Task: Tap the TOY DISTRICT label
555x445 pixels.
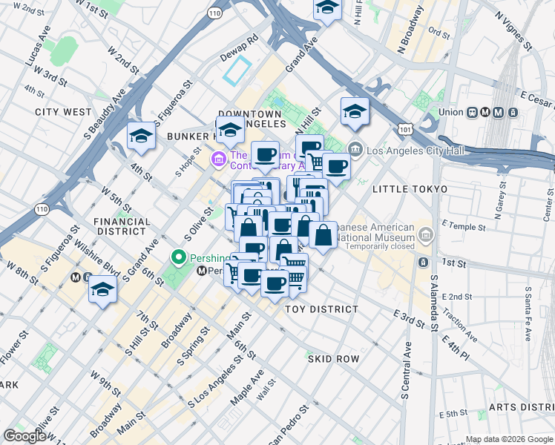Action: point(322,309)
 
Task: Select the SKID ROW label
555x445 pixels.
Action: point(333,359)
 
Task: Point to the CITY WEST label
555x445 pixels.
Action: point(63,112)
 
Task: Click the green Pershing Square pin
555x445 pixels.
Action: point(178,259)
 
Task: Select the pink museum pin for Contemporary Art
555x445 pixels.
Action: point(218,159)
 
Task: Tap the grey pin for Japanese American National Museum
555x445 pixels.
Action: point(426,236)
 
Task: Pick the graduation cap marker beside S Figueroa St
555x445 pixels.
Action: point(141,136)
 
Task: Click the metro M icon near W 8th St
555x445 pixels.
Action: point(75,278)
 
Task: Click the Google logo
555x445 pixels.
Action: point(24,436)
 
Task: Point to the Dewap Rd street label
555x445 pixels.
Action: point(239,47)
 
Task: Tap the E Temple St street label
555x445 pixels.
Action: point(456,223)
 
